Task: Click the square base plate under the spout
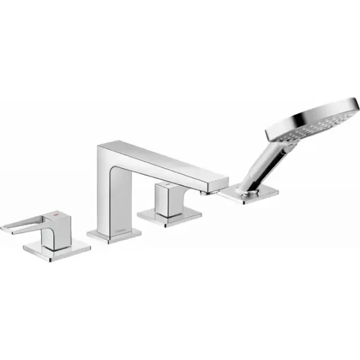[112, 234]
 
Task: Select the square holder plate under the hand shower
[250, 194]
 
